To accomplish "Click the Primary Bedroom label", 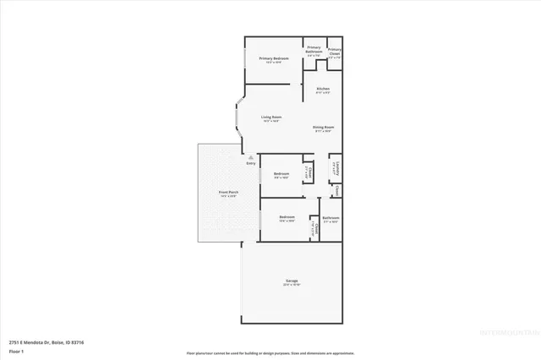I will click(x=273, y=59).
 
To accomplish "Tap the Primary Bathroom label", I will click(x=314, y=50).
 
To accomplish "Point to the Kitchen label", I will click(x=323, y=90).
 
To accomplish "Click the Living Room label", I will click(x=270, y=118).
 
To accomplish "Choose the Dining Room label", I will click(x=324, y=128).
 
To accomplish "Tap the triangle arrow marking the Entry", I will click(x=249, y=155).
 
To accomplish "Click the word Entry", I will click(x=250, y=162).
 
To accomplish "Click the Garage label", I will click(x=291, y=282).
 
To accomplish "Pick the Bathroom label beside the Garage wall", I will click(x=330, y=219).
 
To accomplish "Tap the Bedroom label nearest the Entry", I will click(x=281, y=175).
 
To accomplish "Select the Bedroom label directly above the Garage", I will click(x=287, y=219).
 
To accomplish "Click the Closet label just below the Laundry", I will click(x=336, y=190).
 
